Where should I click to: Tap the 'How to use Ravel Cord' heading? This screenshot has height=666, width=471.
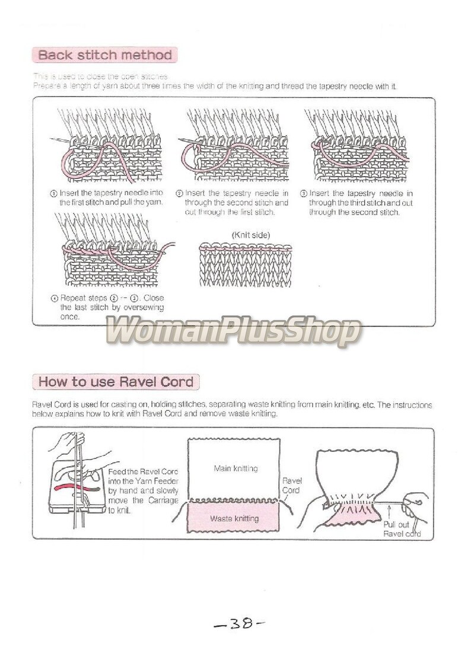coord(116,381)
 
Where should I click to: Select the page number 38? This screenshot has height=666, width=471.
coord(240,623)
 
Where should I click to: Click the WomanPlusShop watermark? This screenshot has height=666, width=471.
coord(233,332)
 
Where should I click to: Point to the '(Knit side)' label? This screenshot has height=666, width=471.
coord(250,235)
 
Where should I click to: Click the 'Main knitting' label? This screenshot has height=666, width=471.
coord(235,469)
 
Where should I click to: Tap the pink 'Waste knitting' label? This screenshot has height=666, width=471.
coord(234,519)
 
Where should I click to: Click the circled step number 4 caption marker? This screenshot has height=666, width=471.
coord(53,298)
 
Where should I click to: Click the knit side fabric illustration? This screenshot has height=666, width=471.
coord(245,265)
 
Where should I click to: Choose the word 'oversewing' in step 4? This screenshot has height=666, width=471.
coord(144,307)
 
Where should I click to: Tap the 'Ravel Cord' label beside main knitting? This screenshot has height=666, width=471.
coord(292,486)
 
